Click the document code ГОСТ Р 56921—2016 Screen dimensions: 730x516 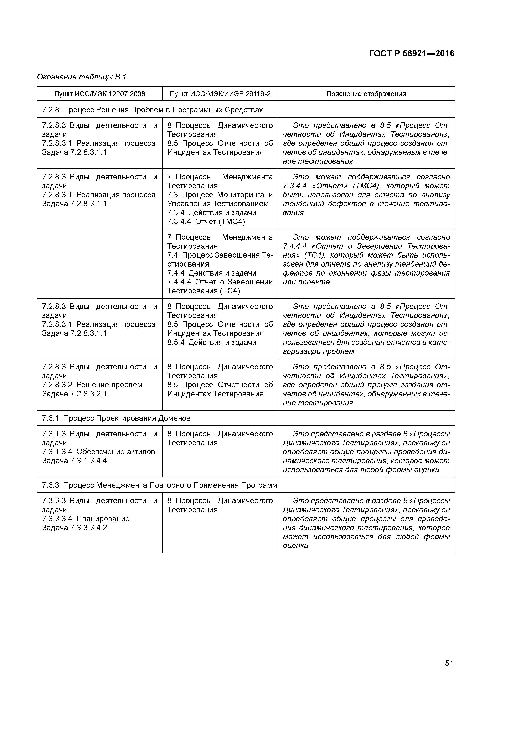point(411,53)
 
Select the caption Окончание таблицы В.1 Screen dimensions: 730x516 point(82,77)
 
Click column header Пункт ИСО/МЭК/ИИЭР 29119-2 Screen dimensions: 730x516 point(220,94)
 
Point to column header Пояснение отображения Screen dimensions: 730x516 point(366,94)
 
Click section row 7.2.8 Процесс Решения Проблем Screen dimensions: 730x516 point(152,110)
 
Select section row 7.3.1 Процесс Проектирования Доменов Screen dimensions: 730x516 point(116,418)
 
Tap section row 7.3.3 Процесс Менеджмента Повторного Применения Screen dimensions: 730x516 point(160,485)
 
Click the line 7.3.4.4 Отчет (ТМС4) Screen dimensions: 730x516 point(206,222)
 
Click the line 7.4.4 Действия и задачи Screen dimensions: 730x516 point(212,273)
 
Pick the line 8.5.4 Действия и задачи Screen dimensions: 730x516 point(212,343)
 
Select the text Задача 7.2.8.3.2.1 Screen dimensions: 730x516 point(74,394)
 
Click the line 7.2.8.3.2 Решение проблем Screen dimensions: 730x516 point(92,385)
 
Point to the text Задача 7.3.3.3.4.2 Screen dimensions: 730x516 point(74,528)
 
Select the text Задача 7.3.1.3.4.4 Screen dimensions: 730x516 point(74,461)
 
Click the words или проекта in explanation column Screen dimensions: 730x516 point(306,282)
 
